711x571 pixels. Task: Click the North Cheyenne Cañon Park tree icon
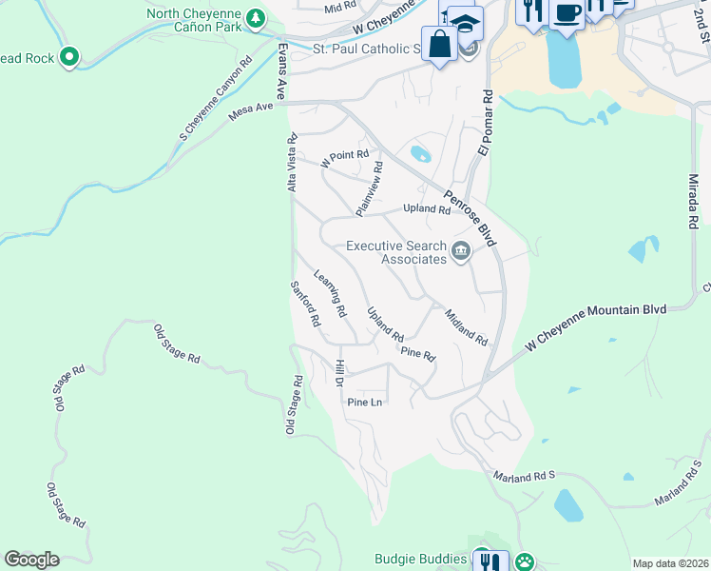pyautogui.click(x=255, y=18)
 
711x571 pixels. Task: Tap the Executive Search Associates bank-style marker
pyautogui.click(x=462, y=251)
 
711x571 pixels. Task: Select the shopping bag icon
pyautogui.click(x=439, y=44)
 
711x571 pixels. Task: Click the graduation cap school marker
pyautogui.click(x=465, y=23)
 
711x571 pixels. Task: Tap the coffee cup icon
pyautogui.click(x=567, y=13)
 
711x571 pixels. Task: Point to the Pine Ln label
pyautogui.click(x=364, y=403)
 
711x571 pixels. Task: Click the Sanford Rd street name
pyautogui.click(x=305, y=305)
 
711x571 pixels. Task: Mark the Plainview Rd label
pyautogui.click(x=369, y=187)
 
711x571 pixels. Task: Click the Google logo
pyautogui.click(x=31, y=560)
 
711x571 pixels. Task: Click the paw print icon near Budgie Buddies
pyautogui.click(x=524, y=561)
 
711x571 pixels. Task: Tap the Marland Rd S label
pyautogui.click(x=524, y=474)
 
